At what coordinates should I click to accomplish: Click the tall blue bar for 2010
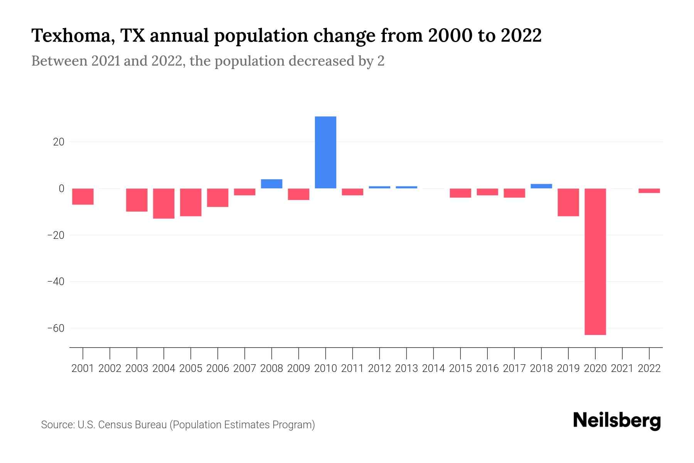pos(325,152)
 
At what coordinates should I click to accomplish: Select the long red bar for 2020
pos(595,262)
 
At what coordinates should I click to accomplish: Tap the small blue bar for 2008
pos(271,184)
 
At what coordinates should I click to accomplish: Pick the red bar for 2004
pos(164,203)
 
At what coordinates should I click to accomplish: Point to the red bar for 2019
pos(568,202)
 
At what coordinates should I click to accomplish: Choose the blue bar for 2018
pos(541,186)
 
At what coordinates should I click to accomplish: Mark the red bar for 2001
pos(83,196)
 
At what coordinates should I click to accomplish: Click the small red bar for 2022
pos(649,191)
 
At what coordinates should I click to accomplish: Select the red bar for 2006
pos(218,198)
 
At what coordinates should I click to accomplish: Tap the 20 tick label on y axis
pos(59,142)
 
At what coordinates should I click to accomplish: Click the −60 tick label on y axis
pos(56,328)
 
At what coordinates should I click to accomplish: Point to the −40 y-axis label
pos(56,282)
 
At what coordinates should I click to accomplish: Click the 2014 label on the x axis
pos(433,368)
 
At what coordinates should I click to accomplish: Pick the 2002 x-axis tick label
pos(110,368)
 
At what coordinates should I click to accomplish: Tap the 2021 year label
pos(622,368)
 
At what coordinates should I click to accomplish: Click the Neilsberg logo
pos(617,421)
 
